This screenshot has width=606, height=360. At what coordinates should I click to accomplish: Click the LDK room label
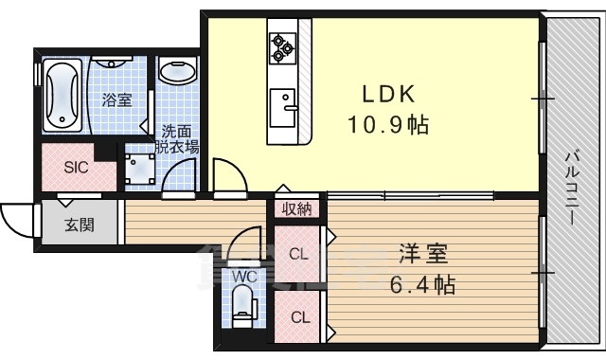point(388,94)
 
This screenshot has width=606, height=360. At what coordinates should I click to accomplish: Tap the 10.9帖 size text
point(388,124)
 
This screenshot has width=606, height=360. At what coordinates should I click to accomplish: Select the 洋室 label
point(423,254)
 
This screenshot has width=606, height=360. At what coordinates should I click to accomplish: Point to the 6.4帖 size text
point(422,284)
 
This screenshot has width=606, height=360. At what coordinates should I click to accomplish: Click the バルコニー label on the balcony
point(572,188)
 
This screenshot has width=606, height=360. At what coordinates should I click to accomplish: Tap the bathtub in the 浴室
point(62,95)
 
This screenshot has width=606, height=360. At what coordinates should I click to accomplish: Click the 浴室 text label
point(117,100)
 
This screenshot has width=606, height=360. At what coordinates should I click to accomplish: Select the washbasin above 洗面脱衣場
point(178,71)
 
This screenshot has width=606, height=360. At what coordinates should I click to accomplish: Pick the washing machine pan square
point(140,169)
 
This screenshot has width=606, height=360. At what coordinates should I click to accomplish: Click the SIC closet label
point(76,168)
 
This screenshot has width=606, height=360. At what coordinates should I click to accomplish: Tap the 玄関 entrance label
point(80,225)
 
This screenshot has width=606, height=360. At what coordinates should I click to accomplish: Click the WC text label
point(244,277)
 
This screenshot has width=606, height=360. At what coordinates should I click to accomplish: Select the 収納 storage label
point(296,209)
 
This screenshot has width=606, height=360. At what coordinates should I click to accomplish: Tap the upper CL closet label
point(299,254)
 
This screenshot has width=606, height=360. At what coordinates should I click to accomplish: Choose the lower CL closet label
point(300,317)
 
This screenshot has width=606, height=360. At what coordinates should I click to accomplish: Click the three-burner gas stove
point(282,47)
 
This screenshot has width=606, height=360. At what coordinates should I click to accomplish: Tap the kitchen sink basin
point(282,108)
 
